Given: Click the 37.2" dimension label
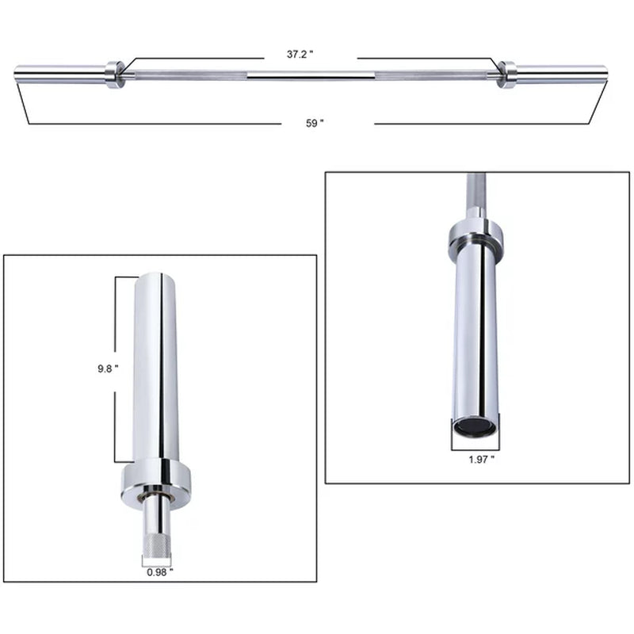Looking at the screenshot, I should click(300, 55).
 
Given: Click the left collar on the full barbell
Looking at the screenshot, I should click(116, 74).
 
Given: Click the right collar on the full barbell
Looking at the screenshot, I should click(506, 74).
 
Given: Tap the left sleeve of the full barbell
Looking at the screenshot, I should click(59, 74).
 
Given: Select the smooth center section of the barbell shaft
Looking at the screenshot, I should click(311, 75).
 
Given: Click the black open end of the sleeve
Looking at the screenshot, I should click(474, 427).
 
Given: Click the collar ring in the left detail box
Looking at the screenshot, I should click(155, 481).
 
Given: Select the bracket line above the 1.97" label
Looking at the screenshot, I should click(474, 443).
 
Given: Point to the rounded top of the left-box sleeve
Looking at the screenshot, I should click(155, 277).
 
